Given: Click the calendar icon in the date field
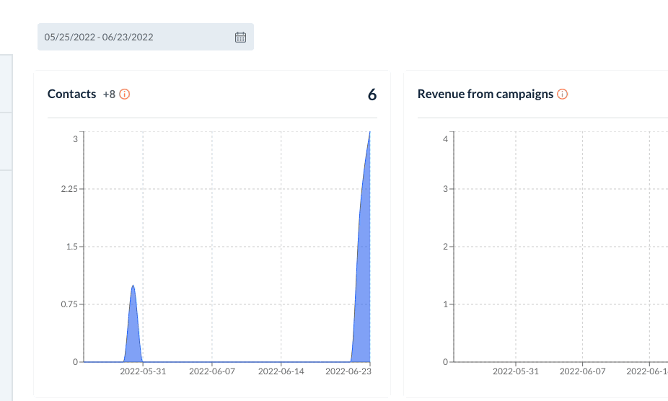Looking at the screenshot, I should pyautogui.click(x=241, y=37).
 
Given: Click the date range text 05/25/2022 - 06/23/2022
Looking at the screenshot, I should pyautogui.click(x=99, y=37).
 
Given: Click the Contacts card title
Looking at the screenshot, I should pyautogui.click(x=71, y=94).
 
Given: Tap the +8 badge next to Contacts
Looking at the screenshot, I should pyautogui.click(x=109, y=94).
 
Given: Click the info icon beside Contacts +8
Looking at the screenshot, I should pyautogui.click(x=124, y=94).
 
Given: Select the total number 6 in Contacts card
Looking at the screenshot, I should pyautogui.click(x=372, y=94).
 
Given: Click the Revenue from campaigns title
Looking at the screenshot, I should pyautogui.click(x=485, y=94).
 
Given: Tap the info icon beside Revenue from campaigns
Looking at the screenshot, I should pyautogui.click(x=563, y=94).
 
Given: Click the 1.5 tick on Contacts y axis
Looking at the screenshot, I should pyautogui.click(x=71, y=247).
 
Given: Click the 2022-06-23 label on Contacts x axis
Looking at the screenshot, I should pyautogui.click(x=349, y=372).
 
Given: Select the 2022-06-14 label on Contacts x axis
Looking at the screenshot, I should pyautogui.click(x=281, y=372).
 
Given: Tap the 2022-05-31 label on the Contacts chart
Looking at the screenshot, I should pyautogui.click(x=143, y=372).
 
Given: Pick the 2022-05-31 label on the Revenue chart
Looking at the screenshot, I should pyautogui.click(x=516, y=372).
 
